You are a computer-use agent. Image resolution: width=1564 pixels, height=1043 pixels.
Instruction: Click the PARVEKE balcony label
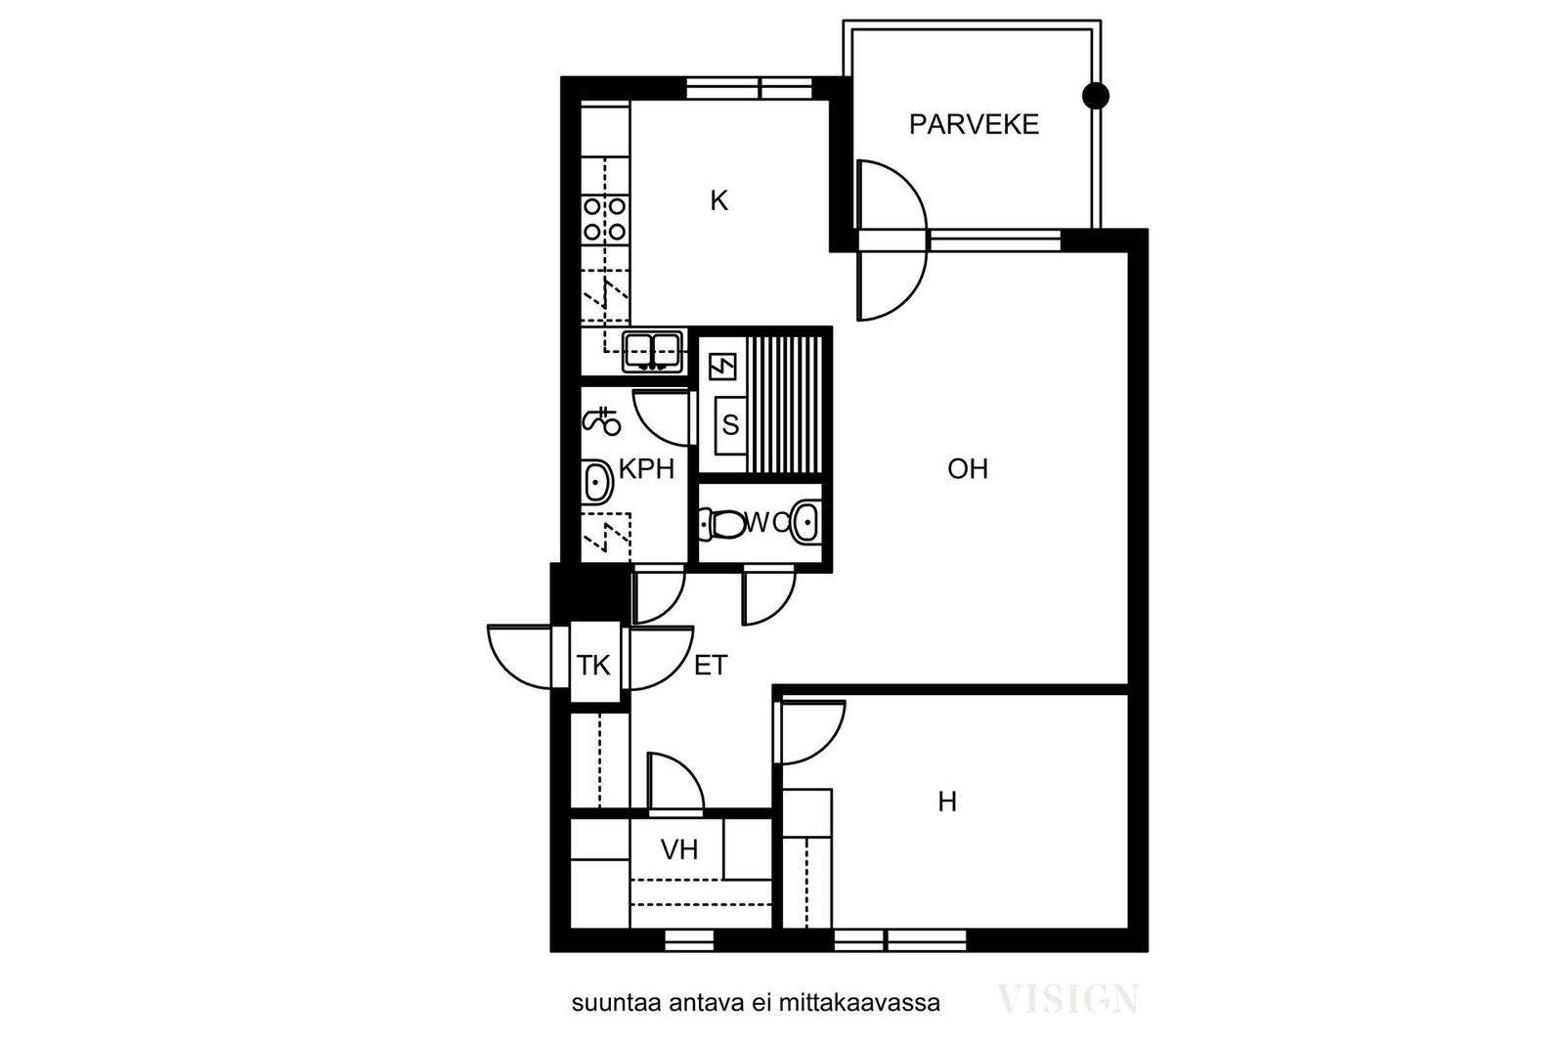974,124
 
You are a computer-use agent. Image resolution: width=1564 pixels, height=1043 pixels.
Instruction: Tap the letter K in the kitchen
718,201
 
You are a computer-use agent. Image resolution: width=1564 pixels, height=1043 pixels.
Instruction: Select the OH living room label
968,469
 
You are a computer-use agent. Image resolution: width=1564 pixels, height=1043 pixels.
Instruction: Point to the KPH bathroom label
646,470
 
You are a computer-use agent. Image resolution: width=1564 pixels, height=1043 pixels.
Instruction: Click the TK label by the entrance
593,666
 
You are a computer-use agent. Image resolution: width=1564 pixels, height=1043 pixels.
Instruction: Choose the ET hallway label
711,666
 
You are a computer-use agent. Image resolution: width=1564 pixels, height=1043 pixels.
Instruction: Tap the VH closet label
679,849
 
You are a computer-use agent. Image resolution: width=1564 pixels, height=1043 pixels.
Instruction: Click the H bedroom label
947,803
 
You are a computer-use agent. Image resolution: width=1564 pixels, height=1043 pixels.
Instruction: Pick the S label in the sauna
730,424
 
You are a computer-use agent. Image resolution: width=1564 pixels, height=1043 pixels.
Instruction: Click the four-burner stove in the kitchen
605,219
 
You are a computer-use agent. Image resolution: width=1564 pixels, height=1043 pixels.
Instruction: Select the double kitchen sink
653,352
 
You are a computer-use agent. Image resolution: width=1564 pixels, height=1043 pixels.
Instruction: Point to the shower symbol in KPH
602,421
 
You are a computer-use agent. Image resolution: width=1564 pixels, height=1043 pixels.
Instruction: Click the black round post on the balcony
1096,96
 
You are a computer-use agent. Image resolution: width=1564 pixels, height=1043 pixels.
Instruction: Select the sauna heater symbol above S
722,367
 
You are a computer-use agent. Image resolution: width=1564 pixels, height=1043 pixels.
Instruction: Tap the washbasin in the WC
805,522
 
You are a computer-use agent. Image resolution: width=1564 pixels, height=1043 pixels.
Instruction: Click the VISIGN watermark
1068,999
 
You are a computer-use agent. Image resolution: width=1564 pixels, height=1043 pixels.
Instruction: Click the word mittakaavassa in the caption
859,1003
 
